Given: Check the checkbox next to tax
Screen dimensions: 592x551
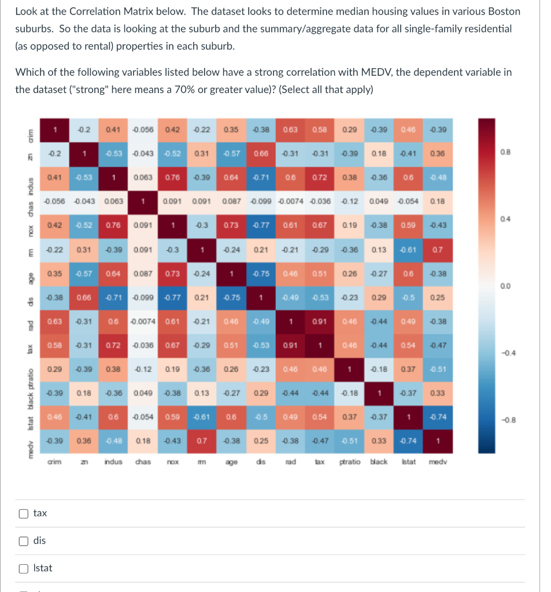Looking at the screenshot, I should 23,513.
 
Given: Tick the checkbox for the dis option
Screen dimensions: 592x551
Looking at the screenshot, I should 23,541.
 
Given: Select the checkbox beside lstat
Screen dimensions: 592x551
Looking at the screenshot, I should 23,568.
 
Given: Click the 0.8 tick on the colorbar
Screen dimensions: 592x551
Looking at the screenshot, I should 505,152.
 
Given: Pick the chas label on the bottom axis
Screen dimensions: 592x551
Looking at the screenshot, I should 142,462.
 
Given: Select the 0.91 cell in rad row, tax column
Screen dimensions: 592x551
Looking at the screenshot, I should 319,321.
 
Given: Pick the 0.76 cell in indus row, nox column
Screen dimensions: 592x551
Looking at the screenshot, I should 172,177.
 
